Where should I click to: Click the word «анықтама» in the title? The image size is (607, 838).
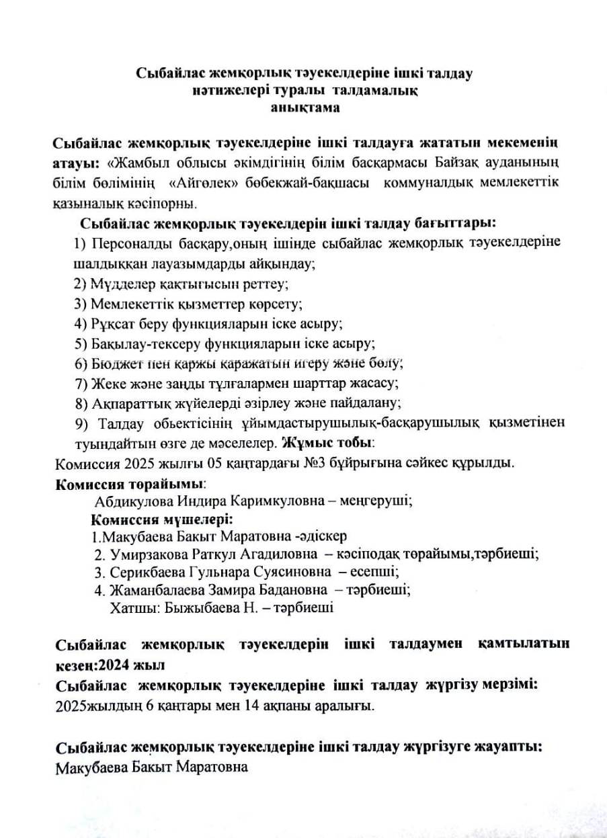[x=305, y=106]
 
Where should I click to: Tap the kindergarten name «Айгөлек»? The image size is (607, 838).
[x=202, y=182]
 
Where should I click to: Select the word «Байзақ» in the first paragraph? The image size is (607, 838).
[x=432, y=163]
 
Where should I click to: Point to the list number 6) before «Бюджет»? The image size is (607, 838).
[x=81, y=364]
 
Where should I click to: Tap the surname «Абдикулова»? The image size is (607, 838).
[x=133, y=501]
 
